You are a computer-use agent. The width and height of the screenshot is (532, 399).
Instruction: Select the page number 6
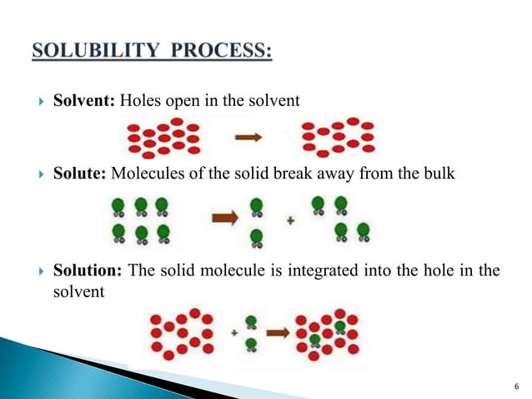(517, 385)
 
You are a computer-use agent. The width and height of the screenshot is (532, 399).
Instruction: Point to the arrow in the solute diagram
(226, 218)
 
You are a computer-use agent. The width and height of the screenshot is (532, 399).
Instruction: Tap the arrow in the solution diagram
(279, 331)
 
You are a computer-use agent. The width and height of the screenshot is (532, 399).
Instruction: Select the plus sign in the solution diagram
(235, 332)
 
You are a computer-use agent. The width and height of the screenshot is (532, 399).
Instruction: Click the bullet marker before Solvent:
(42, 103)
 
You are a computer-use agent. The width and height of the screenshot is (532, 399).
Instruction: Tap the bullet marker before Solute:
(42, 175)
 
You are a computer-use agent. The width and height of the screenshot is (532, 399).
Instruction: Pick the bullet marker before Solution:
(42, 271)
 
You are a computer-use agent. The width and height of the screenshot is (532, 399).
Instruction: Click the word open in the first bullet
(181, 102)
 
